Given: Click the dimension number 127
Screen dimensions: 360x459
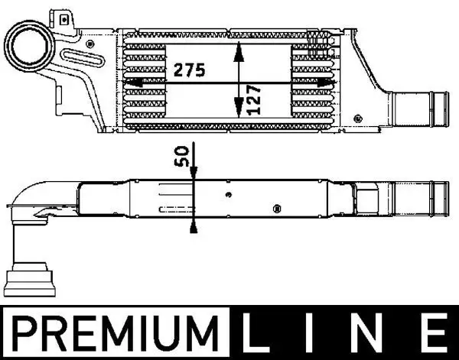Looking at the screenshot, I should coord(255,99).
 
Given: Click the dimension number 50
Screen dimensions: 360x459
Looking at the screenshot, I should coord(181,157).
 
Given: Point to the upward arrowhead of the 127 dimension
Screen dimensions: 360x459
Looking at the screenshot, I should coord(239,50).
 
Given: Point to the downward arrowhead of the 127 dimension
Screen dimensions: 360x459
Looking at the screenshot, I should coord(239,112).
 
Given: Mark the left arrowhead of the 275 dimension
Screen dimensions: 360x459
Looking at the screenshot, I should coord(131,83).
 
